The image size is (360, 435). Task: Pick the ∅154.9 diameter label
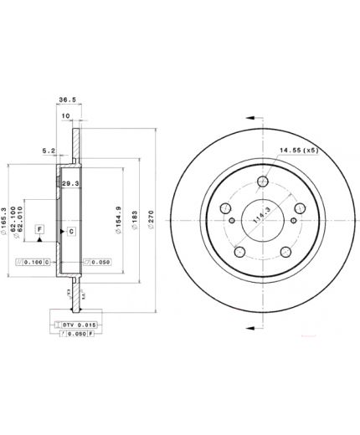tap(121, 219)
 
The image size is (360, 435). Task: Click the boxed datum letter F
tap(39, 228)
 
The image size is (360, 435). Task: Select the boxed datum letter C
tap(71, 231)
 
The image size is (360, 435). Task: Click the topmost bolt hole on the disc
tap(263, 180)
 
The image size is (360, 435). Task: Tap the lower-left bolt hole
tap(239, 252)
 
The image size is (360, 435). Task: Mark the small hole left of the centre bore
tap(225, 207)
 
